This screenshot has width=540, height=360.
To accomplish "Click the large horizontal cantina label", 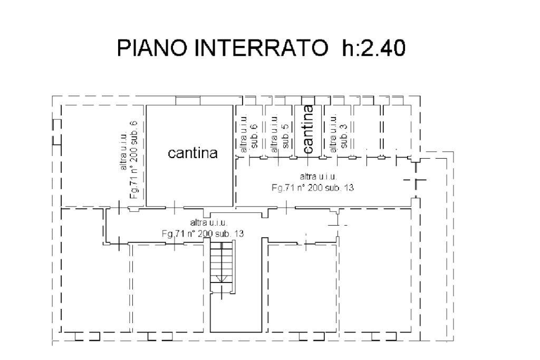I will [x=192, y=153].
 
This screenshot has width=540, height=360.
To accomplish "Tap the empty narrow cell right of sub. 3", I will [x=367, y=129].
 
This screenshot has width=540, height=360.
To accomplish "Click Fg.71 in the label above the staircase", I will [x=171, y=233].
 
